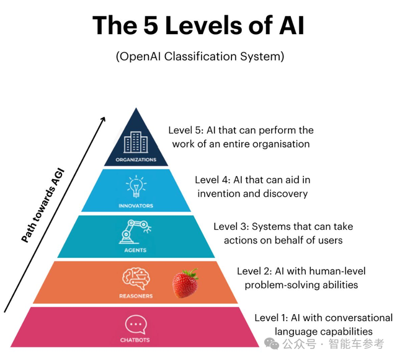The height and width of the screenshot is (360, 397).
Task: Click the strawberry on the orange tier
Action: coord(185,283)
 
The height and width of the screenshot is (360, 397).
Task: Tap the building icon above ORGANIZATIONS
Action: coord(135,143)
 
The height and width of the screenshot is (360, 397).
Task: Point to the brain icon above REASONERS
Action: coord(135,278)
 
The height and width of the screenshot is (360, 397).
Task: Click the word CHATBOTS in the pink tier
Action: coord(135,340)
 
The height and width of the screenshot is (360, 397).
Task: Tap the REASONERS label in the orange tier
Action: coord(135,296)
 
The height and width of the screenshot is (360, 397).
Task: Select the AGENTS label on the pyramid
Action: coord(135,250)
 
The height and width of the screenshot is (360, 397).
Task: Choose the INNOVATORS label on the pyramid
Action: coord(135,205)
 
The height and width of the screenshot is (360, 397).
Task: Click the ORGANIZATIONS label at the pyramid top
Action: coord(135,159)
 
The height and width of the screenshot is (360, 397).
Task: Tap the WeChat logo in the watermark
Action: coord(271,343)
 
